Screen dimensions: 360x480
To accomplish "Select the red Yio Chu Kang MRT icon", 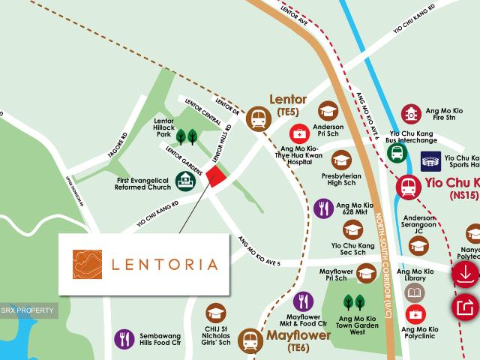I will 409,185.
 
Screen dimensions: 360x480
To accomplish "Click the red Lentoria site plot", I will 215,177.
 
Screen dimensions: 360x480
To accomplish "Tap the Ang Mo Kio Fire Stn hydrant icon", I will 410,114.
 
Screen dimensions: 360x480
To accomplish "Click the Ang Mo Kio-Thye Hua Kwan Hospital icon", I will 298,133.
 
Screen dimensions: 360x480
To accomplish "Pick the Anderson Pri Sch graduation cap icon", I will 328,111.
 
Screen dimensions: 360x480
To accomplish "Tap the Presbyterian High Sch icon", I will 342,159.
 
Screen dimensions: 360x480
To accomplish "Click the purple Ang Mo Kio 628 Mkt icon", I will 323,208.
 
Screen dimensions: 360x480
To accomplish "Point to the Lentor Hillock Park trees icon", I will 187,136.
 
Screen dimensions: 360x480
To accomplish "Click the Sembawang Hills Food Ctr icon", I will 124,339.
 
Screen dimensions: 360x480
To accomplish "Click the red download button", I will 465,274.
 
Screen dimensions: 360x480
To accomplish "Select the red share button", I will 465,307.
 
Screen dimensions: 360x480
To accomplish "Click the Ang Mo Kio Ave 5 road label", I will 259,251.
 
